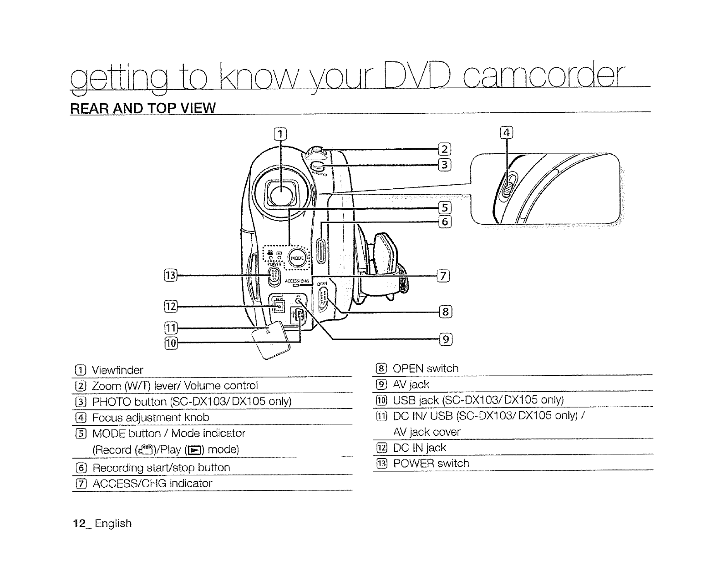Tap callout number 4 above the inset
pyautogui.click(x=506, y=133)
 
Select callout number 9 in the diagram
pyautogui.click(x=446, y=339)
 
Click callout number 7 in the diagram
pyautogui.click(x=443, y=276)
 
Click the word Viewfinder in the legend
pyautogui.click(x=118, y=370)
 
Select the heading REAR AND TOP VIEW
pyautogui.click(x=142, y=108)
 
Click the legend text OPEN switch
pyautogui.click(x=426, y=368)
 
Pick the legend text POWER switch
pyautogui.click(x=431, y=464)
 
